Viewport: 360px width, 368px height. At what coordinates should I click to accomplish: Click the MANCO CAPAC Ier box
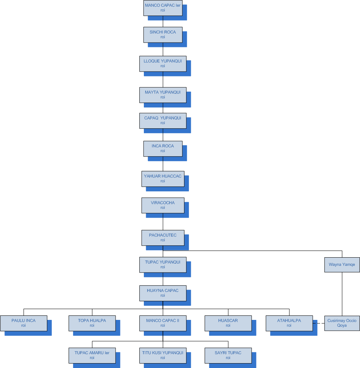[x=163, y=8]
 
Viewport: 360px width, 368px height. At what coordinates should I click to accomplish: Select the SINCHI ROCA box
[x=163, y=34]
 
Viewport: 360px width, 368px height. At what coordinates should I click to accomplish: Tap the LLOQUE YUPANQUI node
[x=163, y=63]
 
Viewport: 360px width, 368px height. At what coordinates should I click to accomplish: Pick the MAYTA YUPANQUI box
[x=163, y=95]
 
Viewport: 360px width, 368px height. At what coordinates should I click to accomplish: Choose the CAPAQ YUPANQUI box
[x=163, y=120]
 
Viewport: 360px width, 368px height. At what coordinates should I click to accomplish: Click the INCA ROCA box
[x=163, y=148]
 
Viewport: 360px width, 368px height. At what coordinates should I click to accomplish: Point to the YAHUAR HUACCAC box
[x=163, y=178]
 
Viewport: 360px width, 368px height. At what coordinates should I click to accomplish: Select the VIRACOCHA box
[x=163, y=205]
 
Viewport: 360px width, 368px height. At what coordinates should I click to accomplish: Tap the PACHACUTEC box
[x=163, y=238]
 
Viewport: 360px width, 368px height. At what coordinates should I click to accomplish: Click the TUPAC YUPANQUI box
[x=163, y=264]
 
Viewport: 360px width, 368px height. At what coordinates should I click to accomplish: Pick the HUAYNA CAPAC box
[x=163, y=293]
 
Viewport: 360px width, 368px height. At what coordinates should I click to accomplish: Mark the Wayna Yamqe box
[x=342, y=265]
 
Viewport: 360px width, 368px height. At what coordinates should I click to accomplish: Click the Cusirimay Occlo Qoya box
[x=342, y=323]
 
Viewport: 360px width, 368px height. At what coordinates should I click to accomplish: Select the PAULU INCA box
[x=23, y=323]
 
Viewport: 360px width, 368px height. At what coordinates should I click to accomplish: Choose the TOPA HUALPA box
[x=92, y=323]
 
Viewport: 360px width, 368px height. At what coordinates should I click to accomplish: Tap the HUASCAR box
[x=228, y=323]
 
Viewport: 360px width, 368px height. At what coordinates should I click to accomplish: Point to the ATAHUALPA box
[x=289, y=323]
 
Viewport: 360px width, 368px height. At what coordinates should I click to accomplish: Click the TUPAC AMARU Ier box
[x=92, y=355]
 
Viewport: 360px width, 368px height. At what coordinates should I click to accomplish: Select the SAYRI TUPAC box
[x=228, y=355]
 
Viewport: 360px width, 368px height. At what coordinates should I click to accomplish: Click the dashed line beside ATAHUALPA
[x=318, y=323]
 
